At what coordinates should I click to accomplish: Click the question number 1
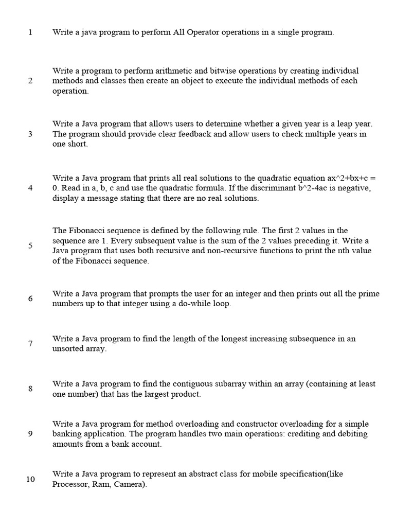(30, 32)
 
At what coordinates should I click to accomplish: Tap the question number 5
(30, 245)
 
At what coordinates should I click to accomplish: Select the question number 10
(30, 479)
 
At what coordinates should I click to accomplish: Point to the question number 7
(30, 343)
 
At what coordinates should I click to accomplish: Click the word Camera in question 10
(130, 484)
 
